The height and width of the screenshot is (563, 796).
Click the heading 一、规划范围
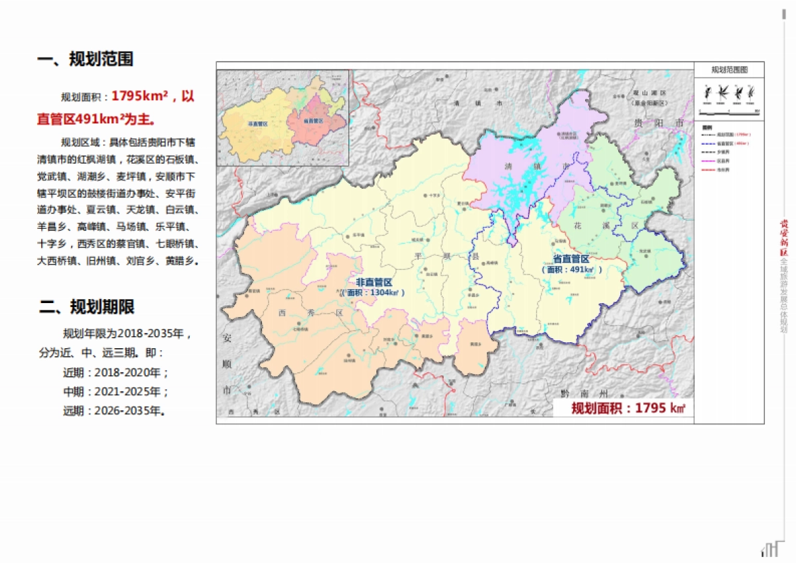(85, 59)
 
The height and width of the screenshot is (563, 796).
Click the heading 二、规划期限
(86, 307)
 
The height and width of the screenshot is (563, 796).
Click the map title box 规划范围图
(729, 70)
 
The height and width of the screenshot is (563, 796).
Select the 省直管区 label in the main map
(570, 259)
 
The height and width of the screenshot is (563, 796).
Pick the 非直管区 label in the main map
(373, 282)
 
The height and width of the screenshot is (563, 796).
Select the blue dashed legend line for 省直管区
(708, 143)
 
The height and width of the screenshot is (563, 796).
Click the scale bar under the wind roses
(729, 110)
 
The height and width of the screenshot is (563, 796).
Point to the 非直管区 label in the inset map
(257, 124)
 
